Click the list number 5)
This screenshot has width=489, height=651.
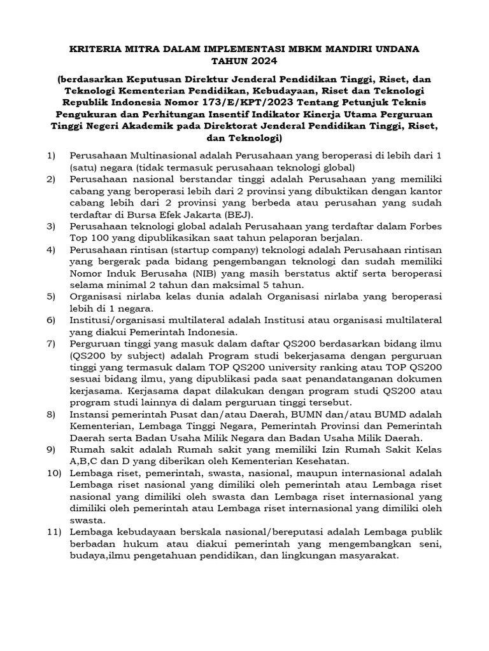[x=52, y=297]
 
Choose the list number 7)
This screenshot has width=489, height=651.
[x=52, y=344]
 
